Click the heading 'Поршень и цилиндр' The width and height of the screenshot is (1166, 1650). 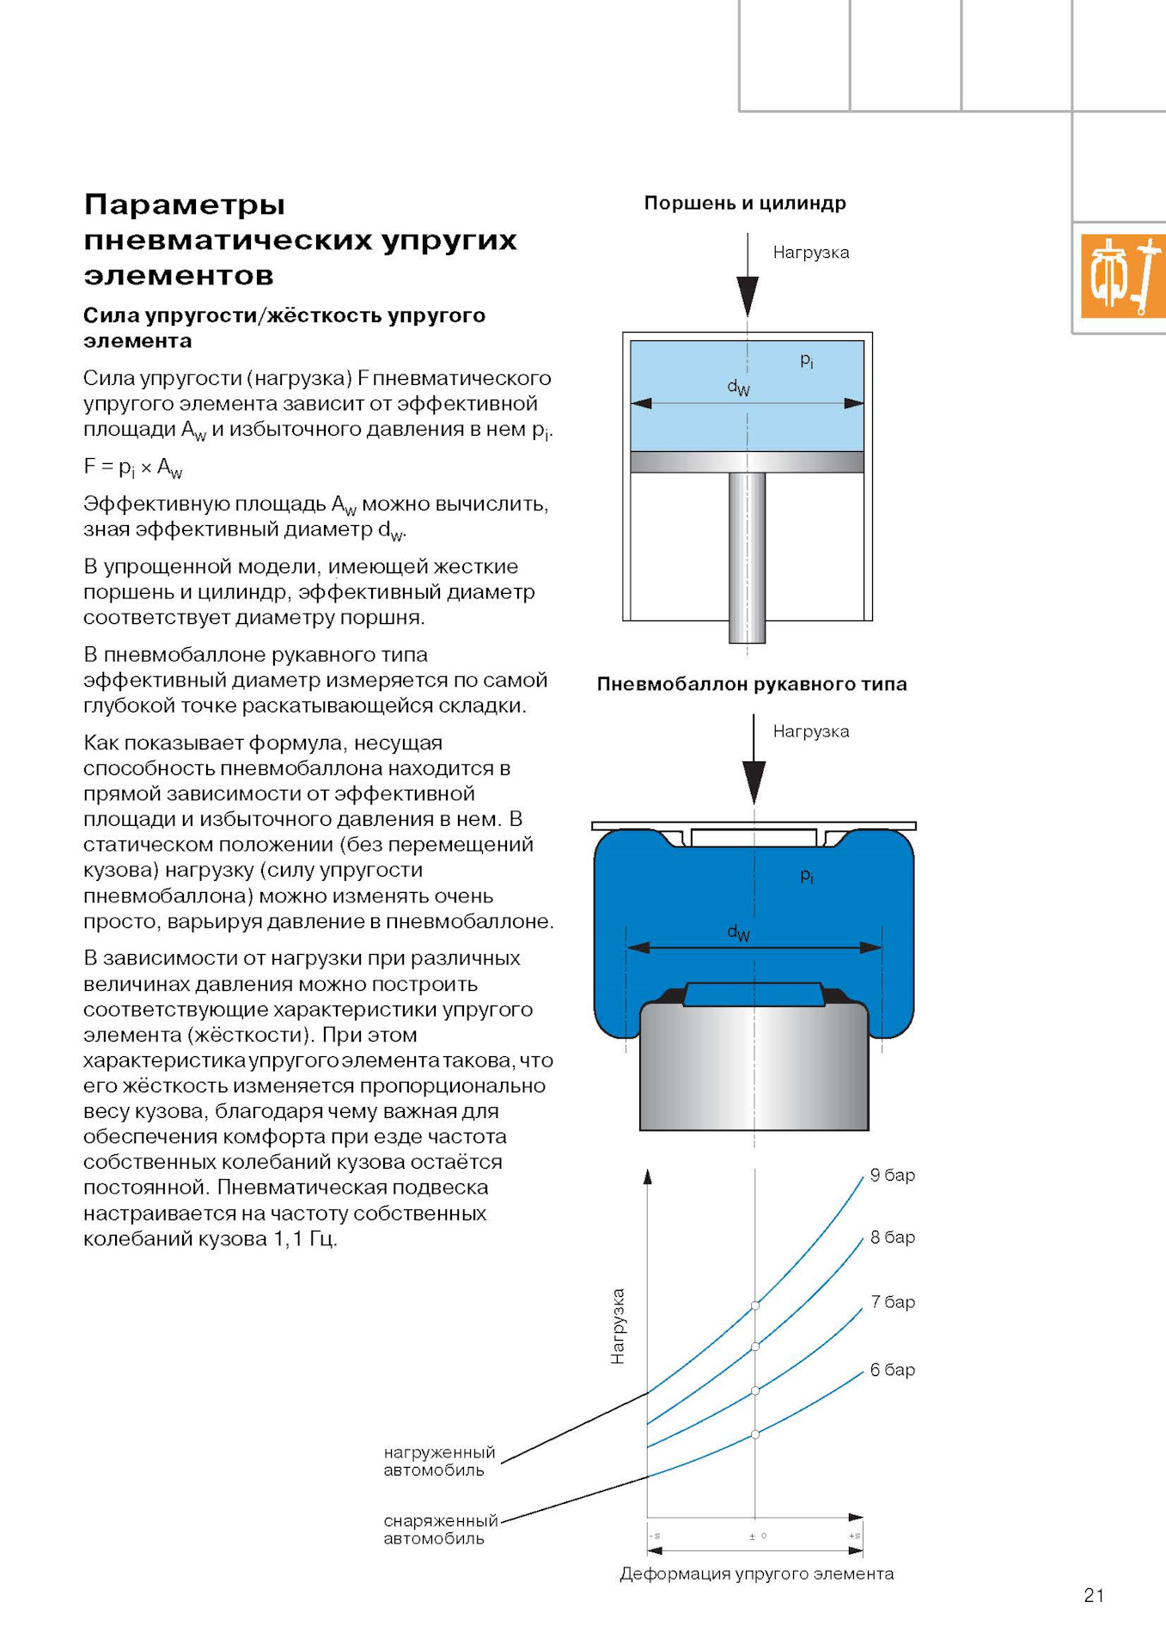point(745,204)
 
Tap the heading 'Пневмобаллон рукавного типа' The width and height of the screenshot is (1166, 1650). point(752,684)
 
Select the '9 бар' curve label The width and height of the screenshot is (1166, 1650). point(892,1175)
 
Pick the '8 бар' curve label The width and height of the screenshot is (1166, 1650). point(892,1237)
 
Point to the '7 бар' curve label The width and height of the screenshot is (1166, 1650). point(892,1302)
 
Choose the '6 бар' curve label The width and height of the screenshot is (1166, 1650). point(892,1370)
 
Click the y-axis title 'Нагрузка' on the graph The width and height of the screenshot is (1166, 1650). point(617,1326)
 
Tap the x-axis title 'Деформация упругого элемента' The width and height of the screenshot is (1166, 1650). point(756,1574)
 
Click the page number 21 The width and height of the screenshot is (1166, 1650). point(1093,1596)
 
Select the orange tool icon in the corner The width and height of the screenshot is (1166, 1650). point(1123,276)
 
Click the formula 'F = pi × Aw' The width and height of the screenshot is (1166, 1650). point(133,467)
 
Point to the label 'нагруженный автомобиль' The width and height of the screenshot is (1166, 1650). point(439,1461)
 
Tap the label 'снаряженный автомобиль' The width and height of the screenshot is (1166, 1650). point(440,1530)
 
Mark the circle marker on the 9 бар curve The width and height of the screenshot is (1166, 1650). point(755,1305)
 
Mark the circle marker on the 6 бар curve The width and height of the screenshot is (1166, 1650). point(755,1434)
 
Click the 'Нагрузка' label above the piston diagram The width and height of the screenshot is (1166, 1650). point(810,253)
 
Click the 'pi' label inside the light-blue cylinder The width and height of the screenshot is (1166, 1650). point(807,360)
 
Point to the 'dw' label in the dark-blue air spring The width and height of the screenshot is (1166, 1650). point(738,932)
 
